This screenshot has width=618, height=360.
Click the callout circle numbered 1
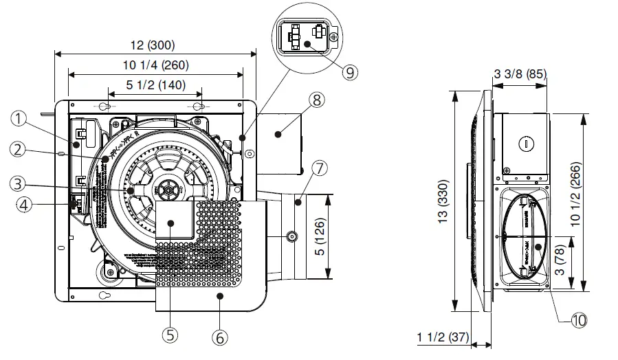[x=19, y=118]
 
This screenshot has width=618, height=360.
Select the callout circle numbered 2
[x=19, y=148]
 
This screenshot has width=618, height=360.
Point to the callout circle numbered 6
[x=218, y=338]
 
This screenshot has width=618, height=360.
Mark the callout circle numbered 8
[x=316, y=100]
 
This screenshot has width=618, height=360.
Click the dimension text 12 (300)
[x=153, y=45]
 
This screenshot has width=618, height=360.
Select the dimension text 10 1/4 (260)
[x=153, y=65]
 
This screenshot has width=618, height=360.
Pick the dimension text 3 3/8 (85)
[x=520, y=74]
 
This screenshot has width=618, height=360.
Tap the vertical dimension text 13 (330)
[x=443, y=203]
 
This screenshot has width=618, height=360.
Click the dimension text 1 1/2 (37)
[x=441, y=337]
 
